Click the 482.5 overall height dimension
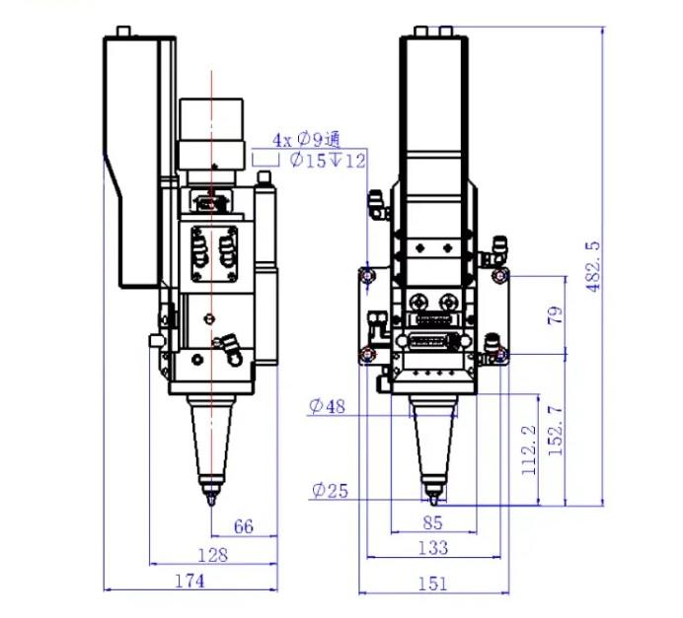point(593,266)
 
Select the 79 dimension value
point(555,314)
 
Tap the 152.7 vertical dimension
point(556,431)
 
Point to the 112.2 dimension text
point(529,449)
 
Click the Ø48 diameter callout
point(327,406)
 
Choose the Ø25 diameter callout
point(331,491)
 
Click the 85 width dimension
point(432,522)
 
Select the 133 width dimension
point(433,547)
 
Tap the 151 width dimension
point(433,584)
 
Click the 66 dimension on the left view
point(244,526)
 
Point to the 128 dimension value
point(212,555)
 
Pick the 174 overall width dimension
point(190,581)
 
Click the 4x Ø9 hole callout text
point(306,140)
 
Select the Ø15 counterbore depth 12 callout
point(328,160)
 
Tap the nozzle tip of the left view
point(211,505)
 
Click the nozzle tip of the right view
point(433,504)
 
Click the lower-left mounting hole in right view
point(368,355)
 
